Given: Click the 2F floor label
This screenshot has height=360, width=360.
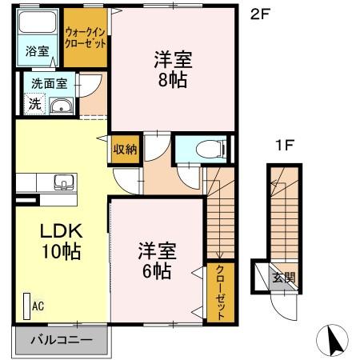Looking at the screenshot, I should coord(259,13).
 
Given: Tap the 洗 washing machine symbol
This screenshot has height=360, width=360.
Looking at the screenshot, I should coord(34,103).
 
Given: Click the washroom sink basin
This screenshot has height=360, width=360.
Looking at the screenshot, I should coord(61,106).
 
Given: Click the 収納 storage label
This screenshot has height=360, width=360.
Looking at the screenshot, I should coord(123,148).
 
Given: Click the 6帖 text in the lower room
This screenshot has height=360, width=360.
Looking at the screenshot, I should coord(156,270).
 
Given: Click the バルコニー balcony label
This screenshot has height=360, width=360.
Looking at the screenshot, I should coord(62,339).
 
